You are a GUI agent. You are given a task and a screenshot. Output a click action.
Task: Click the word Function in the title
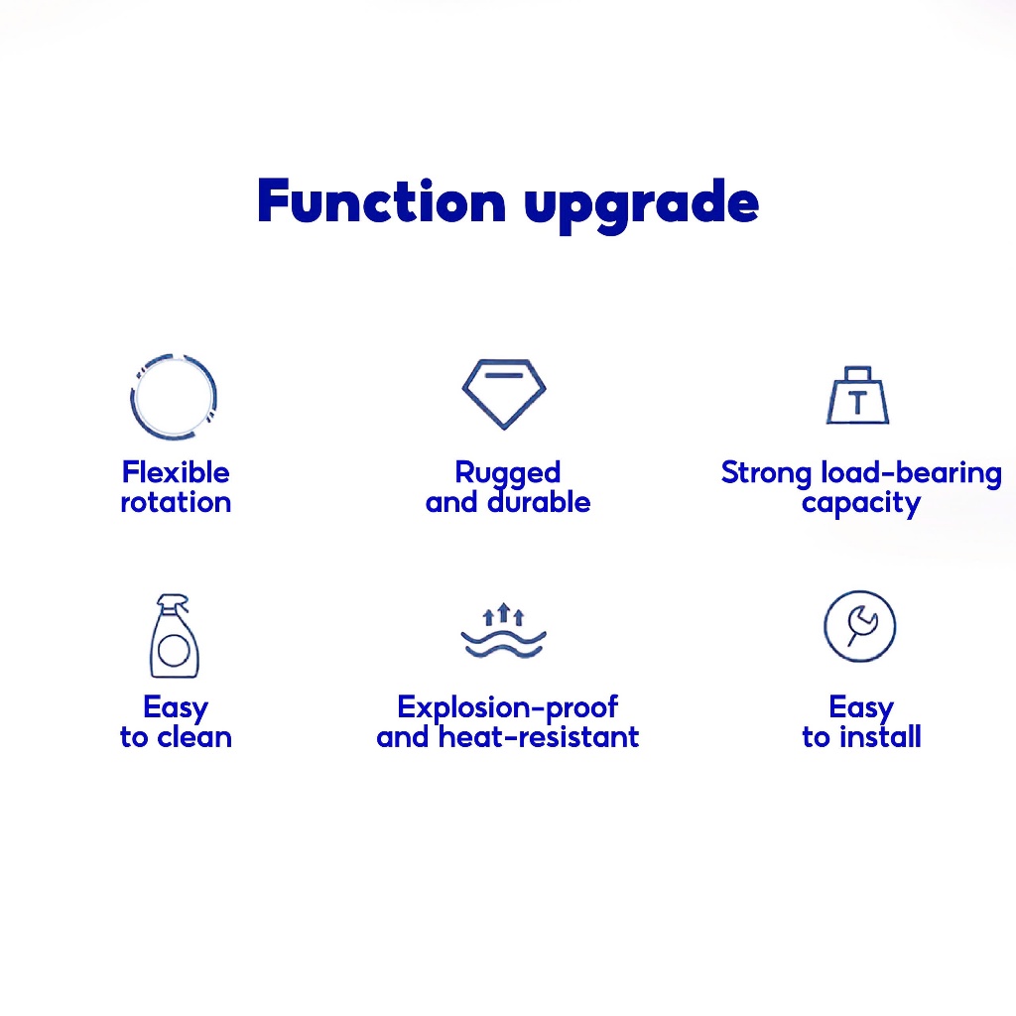tap(381, 201)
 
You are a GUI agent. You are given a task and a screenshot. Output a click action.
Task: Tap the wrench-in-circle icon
tap(860, 593)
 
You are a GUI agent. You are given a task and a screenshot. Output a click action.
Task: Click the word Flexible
tap(176, 472)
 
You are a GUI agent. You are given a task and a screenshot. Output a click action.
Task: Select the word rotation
tap(176, 503)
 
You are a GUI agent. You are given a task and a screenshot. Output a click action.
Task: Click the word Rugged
tap(507, 474)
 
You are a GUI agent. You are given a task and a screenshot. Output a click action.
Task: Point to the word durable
tap(539, 502)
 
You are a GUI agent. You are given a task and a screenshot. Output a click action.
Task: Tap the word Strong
tap(766, 474)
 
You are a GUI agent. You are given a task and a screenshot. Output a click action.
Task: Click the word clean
tap(194, 737)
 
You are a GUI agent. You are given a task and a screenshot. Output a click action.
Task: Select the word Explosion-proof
tap(507, 708)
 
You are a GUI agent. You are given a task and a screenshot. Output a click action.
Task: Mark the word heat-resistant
tap(539, 737)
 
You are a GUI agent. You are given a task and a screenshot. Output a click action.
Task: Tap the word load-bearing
tap(911, 474)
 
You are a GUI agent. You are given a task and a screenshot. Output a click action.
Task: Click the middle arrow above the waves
tap(503, 612)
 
